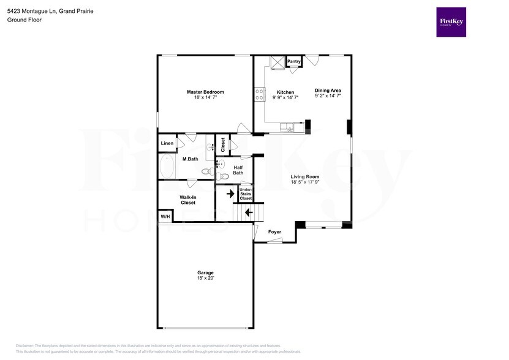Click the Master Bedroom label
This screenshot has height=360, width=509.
pos(205,92)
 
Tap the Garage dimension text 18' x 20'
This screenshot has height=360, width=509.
pos(205,279)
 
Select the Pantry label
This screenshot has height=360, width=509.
pos(294,61)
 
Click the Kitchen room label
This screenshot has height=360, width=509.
pos(285,92)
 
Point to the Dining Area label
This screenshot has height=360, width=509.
pos(328,90)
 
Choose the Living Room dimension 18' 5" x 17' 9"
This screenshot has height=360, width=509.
pos(304,182)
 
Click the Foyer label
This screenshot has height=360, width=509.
pos(275,232)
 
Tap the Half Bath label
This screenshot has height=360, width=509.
pos(238,170)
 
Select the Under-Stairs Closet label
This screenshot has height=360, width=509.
pos(246,194)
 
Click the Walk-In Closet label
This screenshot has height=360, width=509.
pos(187,200)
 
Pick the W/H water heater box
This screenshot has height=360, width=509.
pos(165,216)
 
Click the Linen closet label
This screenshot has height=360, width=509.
pos(167,143)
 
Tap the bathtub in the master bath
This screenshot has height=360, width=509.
pos(167,167)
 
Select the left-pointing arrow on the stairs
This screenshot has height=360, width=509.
pos(248,213)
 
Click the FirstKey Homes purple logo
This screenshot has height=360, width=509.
pos(451,22)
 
